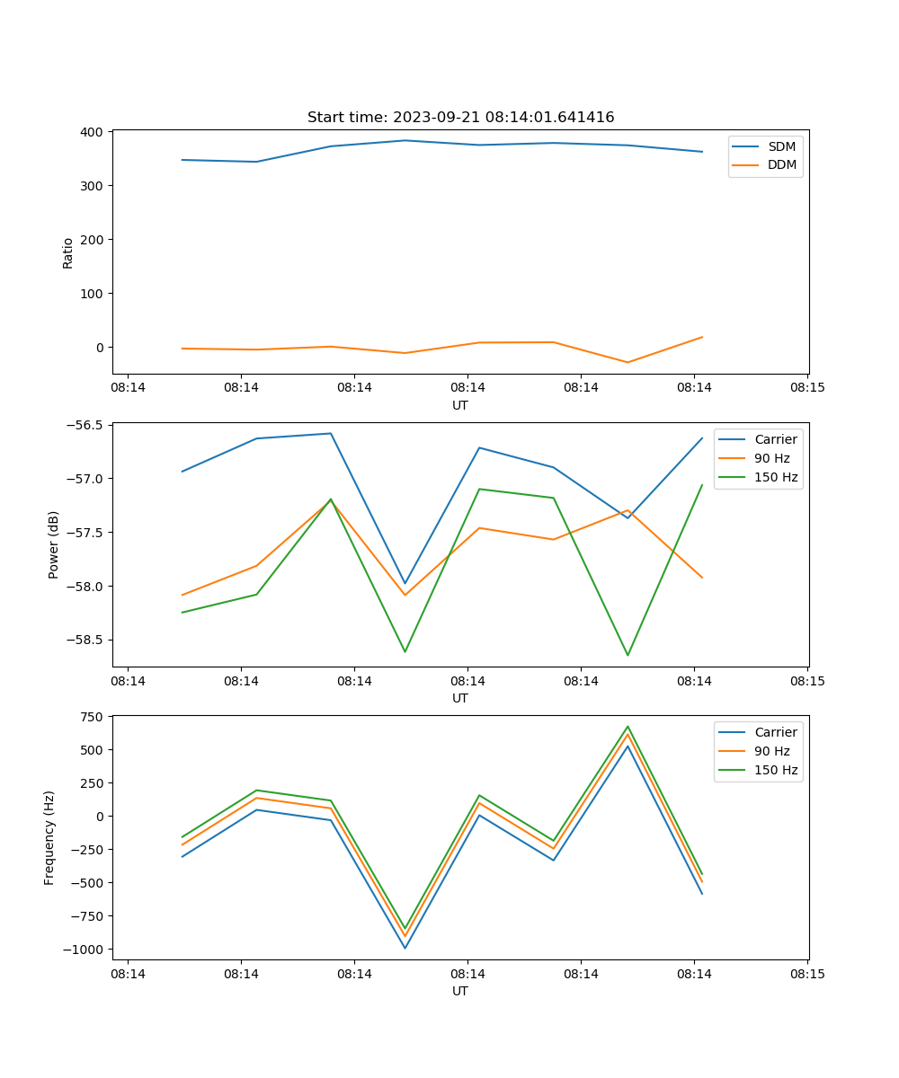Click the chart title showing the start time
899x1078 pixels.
pyautogui.click(x=460, y=118)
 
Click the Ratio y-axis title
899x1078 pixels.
pyautogui.click(x=68, y=252)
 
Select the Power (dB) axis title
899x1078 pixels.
pyautogui.click(x=54, y=544)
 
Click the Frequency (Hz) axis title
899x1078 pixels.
pyautogui.click(x=49, y=837)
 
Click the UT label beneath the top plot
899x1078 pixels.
pyautogui.click(x=460, y=405)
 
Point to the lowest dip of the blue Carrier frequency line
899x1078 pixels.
pyautogui.click(x=405, y=948)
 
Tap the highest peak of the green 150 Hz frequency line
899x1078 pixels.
pyautogui.click(x=628, y=727)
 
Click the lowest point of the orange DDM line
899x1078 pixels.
pyautogui.click(x=628, y=362)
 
